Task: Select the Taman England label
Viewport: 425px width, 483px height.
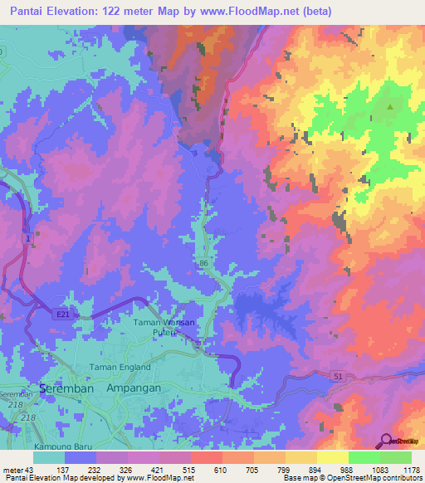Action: click(x=121, y=367)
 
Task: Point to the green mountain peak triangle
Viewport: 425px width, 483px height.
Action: click(x=390, y=107)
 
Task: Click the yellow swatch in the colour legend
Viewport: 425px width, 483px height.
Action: click(x=332, y=457)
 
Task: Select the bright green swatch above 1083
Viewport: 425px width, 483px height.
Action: click(x=364, y=457)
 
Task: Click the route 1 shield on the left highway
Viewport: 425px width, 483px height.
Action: click(x=30, y=238)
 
